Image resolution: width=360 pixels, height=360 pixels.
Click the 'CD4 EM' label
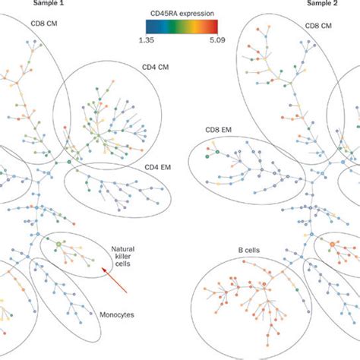point(158,166)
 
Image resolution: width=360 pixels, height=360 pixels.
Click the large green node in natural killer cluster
point(57,244)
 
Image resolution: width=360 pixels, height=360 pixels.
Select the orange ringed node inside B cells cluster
point(332,244)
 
